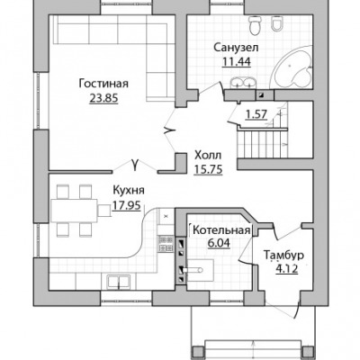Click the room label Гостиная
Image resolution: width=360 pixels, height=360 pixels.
pos(103,84)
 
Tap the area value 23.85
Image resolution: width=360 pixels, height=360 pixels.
pos(103,98)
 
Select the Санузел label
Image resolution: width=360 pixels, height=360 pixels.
pos(236,48)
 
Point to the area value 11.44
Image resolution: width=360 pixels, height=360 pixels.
pos(236,61)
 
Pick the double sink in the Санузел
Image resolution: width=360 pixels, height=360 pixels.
pos(243,83)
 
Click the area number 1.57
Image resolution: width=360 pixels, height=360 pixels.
pos(256,114)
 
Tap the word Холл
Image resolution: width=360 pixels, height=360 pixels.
pos(208,156)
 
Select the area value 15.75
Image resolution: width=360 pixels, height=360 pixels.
pos(208,169)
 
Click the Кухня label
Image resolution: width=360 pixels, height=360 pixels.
pos(129,190)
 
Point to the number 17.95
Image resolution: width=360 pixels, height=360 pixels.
pos(126,205)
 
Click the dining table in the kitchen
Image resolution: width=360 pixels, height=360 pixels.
pos(74,211)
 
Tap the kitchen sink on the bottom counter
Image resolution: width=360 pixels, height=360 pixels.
pos(119,282)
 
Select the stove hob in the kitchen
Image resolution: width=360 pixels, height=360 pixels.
pos(166,243)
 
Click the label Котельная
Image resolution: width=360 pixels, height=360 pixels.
pos(221,230)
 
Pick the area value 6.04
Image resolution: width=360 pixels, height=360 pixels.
pos(219,243)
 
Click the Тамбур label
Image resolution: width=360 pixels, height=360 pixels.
pos(283,256)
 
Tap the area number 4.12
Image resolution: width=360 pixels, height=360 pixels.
pos(287,269)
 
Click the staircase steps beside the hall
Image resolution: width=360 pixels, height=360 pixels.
pos(263,143)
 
